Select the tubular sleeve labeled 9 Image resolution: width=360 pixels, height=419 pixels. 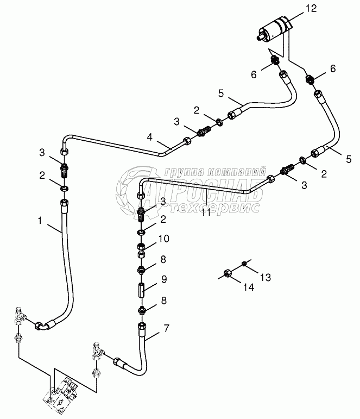point(141,287)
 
